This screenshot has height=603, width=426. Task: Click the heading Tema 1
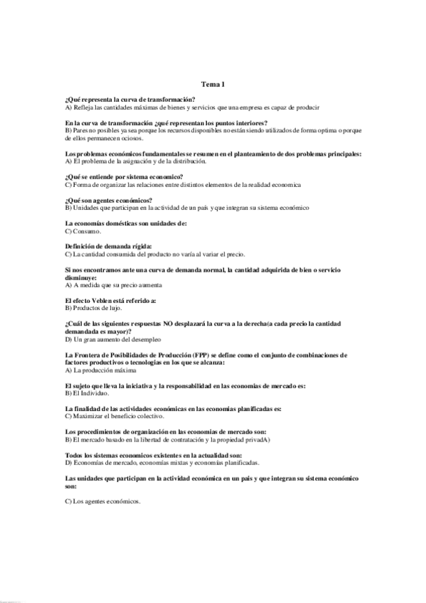click(x=213, y=84)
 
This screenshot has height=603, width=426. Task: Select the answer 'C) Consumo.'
click(x=83, y=232)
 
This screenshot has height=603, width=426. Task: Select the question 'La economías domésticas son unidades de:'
click(x=125, y=224)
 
